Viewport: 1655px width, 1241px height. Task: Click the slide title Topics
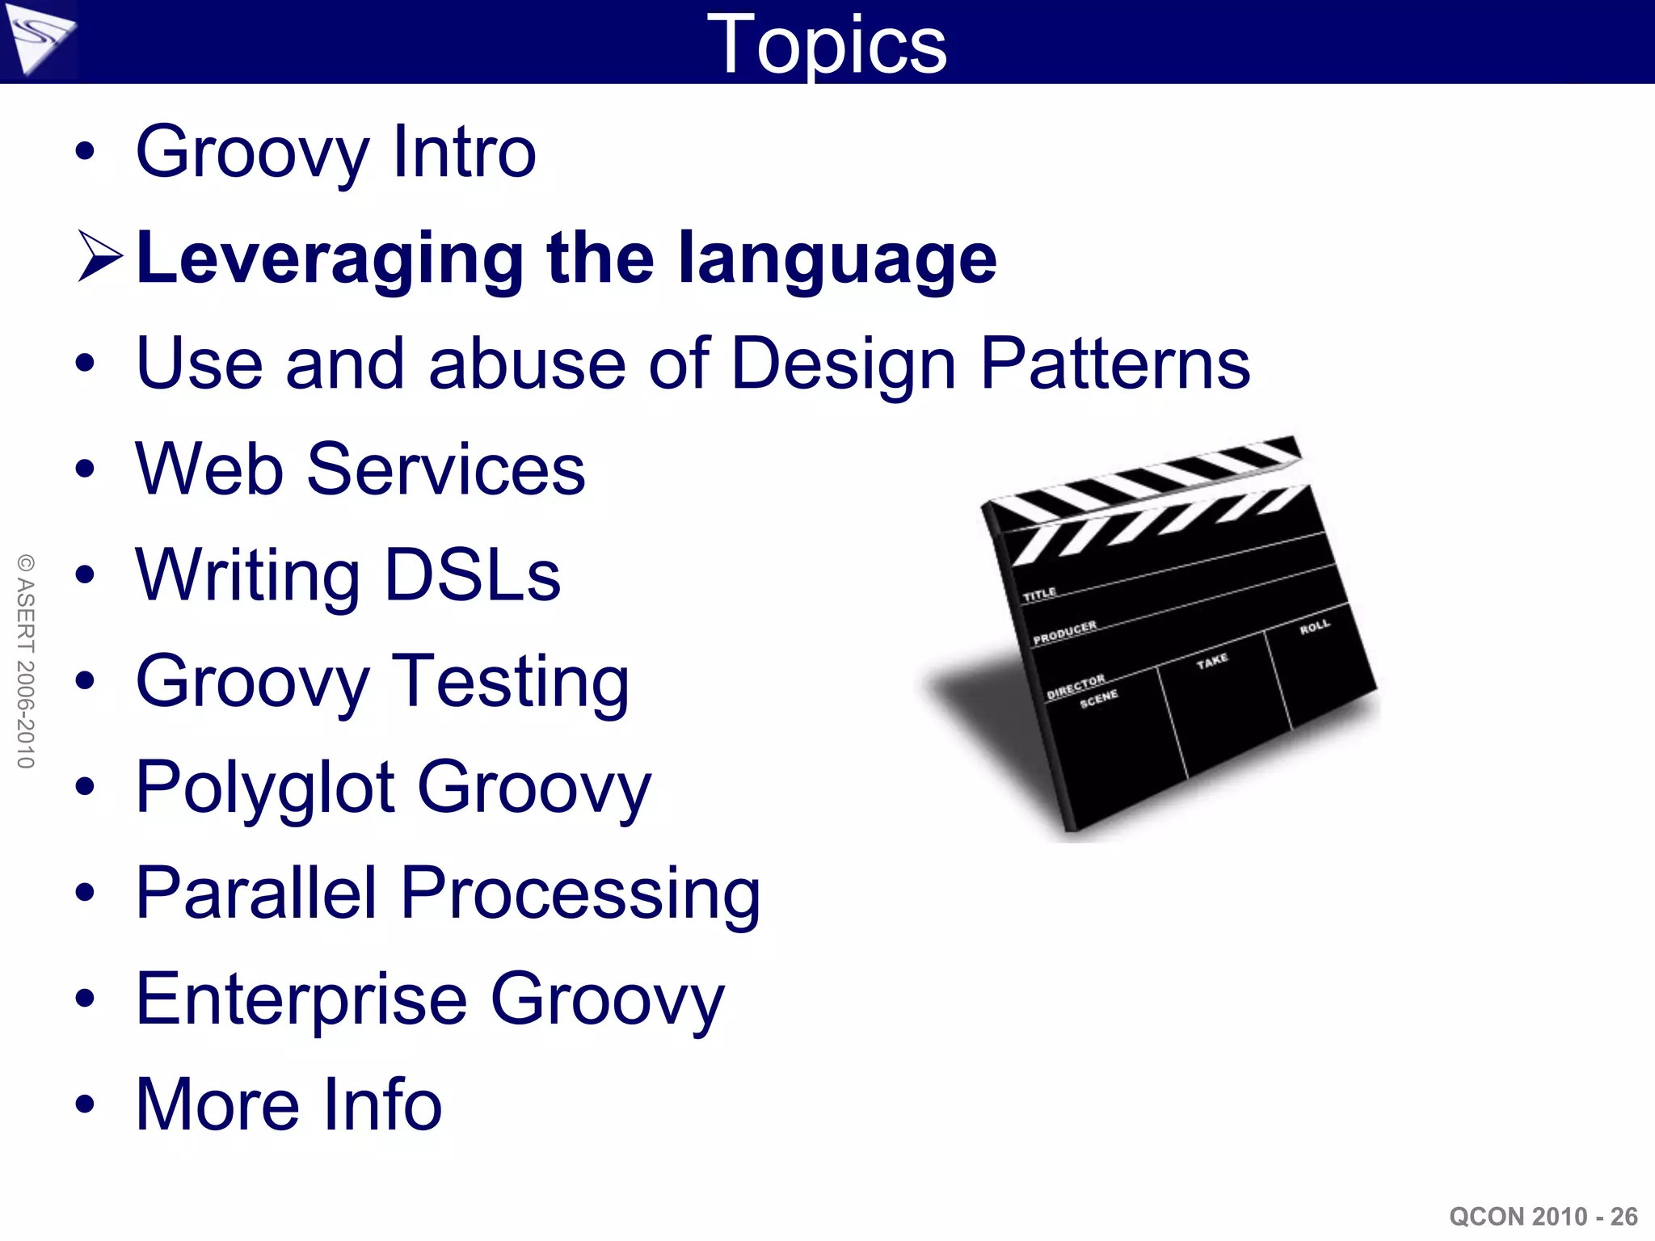tap(826, 45)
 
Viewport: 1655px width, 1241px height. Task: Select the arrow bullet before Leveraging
tap(99, 257)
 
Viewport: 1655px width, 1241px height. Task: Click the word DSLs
tap(473, 575)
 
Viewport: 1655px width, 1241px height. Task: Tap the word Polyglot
tap(266, 789)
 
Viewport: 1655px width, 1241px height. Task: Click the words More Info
tap(288, 1104)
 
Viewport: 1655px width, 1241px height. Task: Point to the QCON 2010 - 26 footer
tap(1543, 1216)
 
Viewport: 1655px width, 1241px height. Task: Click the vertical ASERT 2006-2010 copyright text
tap(26, 661)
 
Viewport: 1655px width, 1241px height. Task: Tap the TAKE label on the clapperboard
tap(1211, 662)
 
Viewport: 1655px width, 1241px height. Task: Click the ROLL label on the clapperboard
tap(1314, 627)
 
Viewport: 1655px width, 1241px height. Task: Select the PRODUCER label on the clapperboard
tap(1064, 633)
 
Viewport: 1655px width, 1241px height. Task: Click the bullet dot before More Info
tap(85, 1104)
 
